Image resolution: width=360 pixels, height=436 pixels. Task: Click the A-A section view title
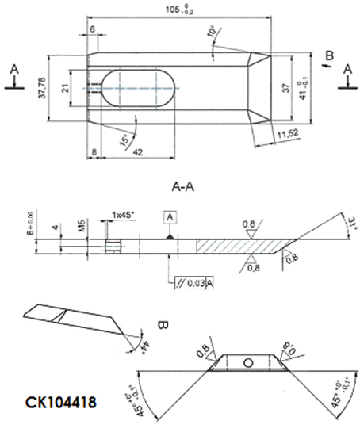pos(184,188)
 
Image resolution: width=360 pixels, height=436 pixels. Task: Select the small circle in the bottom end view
pos(248,363)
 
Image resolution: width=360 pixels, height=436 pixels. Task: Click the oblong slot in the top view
pos(138,87)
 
